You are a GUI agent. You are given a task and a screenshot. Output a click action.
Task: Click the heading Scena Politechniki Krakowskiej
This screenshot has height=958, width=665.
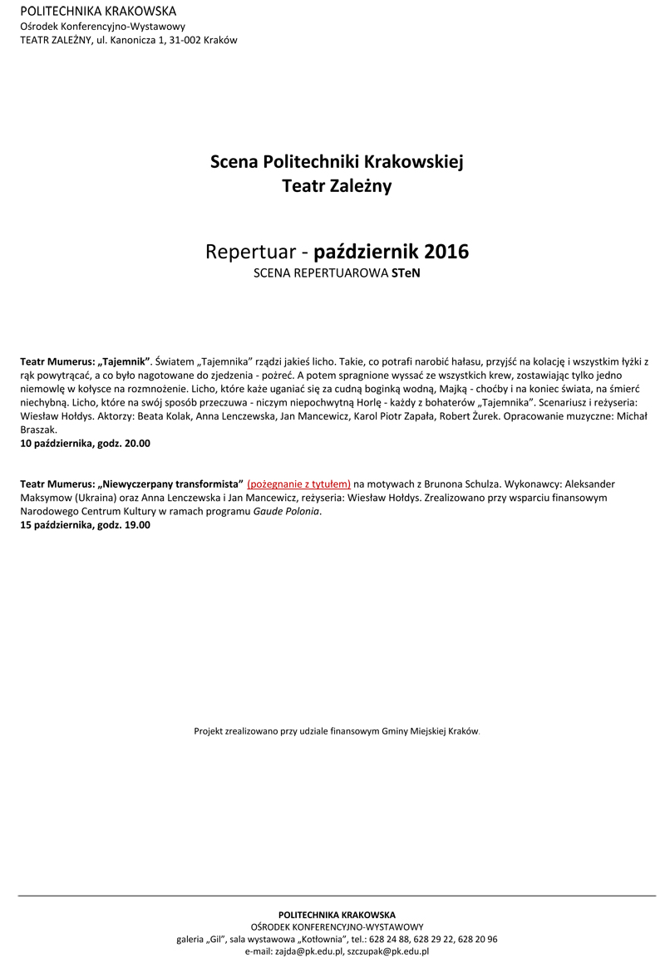337,161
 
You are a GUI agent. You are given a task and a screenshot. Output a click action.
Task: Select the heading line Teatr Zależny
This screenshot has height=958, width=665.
337,187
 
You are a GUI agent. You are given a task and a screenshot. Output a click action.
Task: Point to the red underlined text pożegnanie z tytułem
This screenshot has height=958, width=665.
299,484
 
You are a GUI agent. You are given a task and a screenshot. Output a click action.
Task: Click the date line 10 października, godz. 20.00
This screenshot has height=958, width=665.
86,444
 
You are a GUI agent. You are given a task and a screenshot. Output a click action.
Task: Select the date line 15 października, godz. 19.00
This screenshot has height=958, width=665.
86,525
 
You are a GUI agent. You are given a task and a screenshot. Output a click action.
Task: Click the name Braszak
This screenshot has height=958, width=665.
38,430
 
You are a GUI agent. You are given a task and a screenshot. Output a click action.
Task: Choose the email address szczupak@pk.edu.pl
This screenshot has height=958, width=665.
389,951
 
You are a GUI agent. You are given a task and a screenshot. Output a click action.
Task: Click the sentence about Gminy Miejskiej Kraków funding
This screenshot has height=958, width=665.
337,731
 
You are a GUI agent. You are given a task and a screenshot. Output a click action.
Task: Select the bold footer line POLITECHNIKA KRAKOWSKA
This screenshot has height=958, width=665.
337,915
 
